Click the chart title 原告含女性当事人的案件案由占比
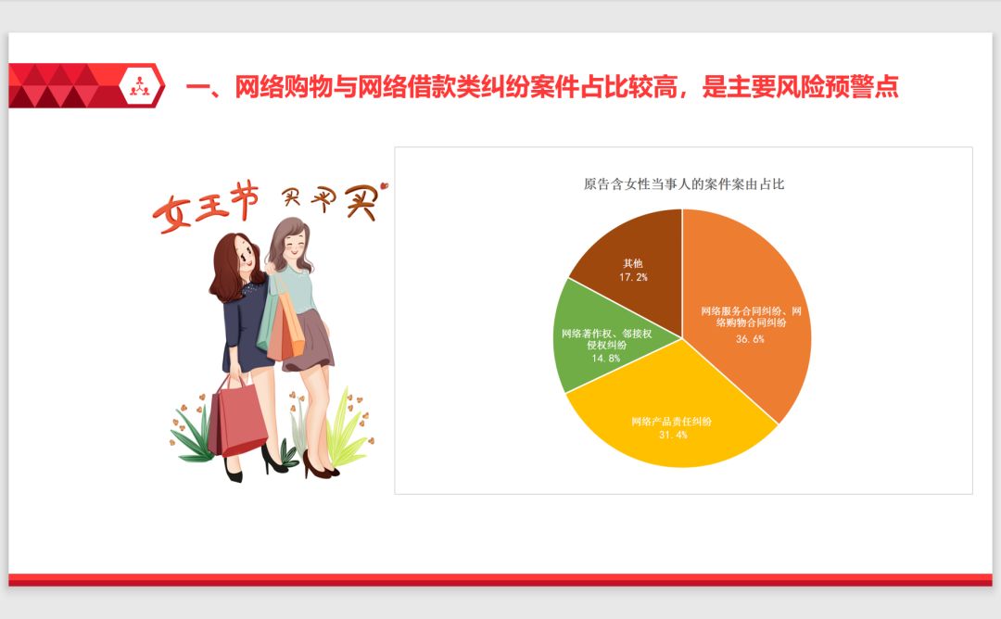click(684, 184)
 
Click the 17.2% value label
click(634, 276)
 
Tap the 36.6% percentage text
click(751, 339)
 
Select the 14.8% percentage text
click(606, 358)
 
